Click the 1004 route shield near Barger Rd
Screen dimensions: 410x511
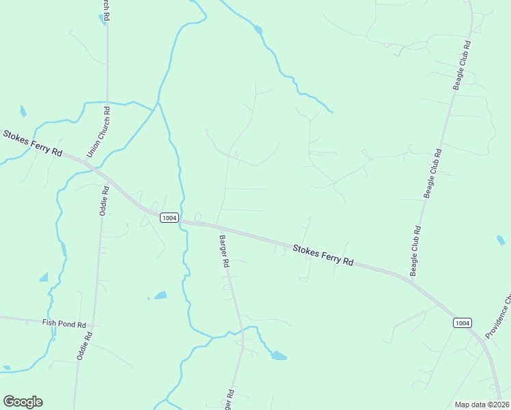pyautogui.click(x=169, y=218)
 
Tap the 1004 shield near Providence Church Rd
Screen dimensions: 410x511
pyautogui.click(x=462, y=323)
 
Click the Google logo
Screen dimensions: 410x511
pyautogui.click(x=23, y=402)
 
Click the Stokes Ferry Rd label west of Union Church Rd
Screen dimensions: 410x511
pyautogui.click(x=33, y=142)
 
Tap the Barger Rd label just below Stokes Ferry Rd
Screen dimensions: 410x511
pyautogui.click(x=223, y=251)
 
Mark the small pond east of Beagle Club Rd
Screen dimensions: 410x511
pyautogui.click(x=501, y=240)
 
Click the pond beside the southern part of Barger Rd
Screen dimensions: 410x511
pyautogui.click(x=278, y=355)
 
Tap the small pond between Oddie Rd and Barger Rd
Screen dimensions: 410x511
pyautogui.click(x=161, y=295)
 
